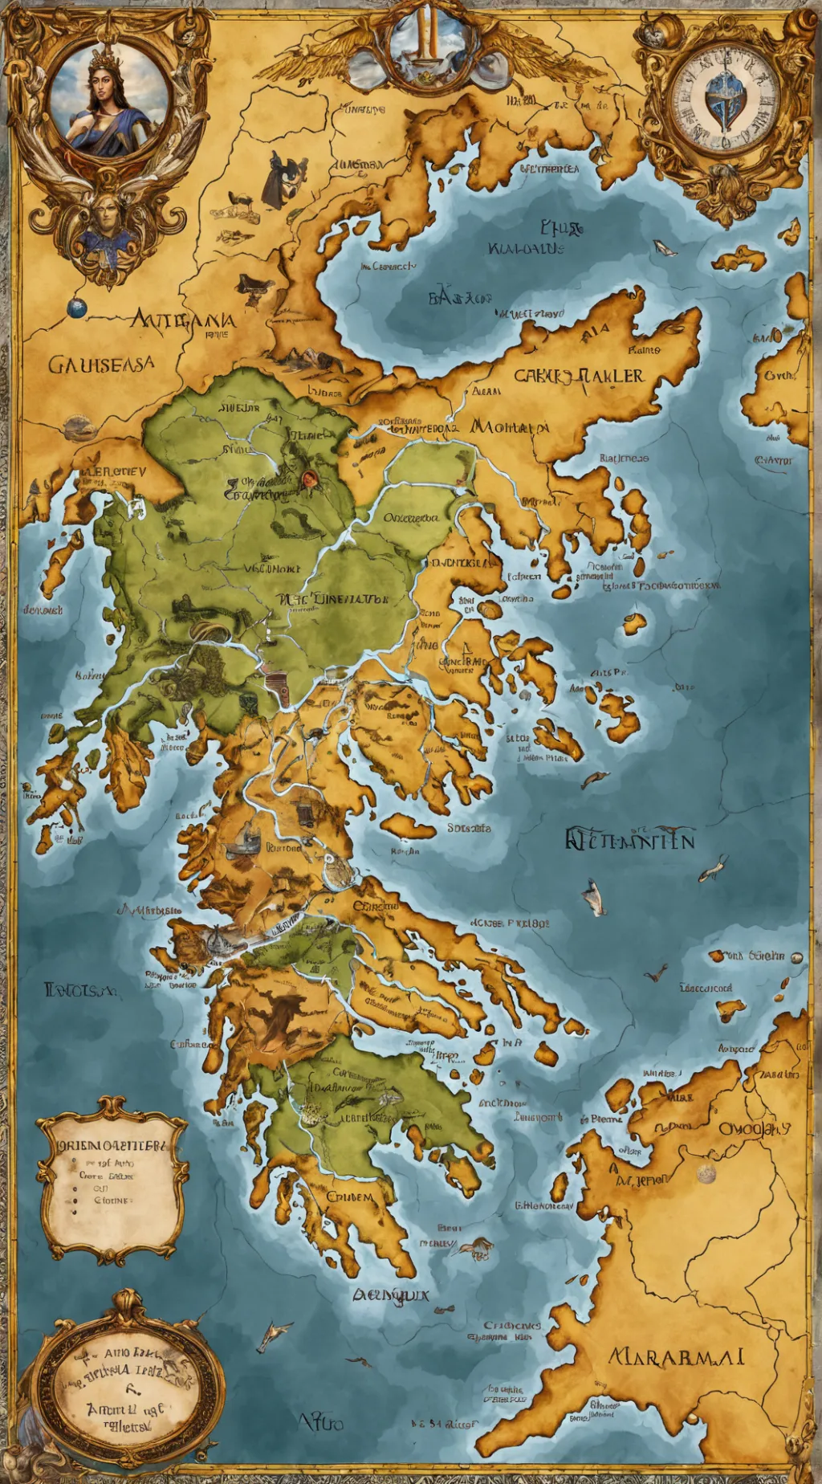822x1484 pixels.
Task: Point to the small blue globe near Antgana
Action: click(76, 308)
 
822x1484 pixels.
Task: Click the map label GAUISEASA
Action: click(101, 365)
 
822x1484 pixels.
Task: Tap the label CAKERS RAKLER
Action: click(578, 376)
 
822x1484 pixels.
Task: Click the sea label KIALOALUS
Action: click(526, 249)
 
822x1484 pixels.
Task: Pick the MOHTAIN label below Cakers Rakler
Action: click(509, 426)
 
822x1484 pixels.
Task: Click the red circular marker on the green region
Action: click(308, 479)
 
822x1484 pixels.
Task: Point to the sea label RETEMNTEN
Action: click(629, 839)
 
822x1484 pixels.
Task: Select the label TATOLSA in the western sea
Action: click(80, 990)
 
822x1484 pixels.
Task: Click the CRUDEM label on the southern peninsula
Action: click(349, 1197)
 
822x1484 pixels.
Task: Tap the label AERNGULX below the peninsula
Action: click(391, 1294)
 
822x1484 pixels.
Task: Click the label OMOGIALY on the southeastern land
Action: click(754, 1128)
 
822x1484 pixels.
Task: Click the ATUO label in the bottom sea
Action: click(321, 1422)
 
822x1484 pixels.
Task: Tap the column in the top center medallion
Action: click(427, 32)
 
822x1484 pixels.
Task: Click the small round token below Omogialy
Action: click(706, 1174)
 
